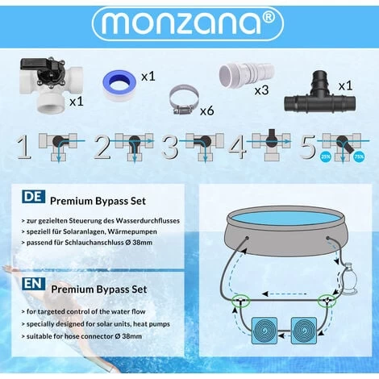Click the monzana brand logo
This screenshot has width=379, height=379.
click(x=189, y=24)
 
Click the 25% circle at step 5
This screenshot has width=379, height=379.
click(x=323, y=158)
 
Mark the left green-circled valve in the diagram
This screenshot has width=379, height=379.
click(x=238, y=302)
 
